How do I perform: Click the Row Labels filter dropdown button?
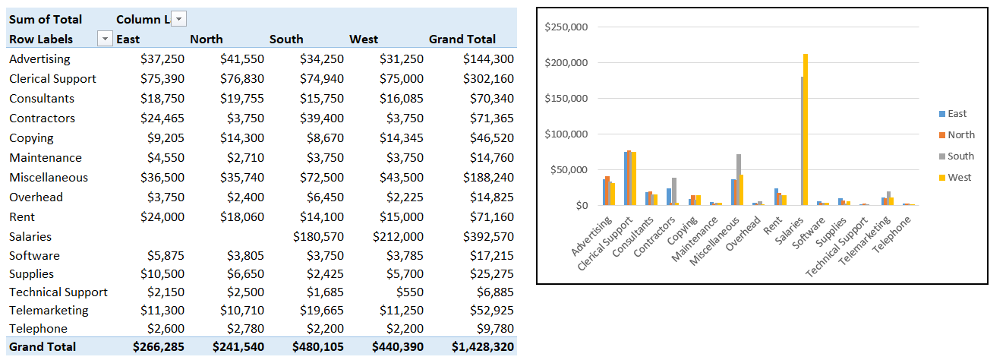[104, 39]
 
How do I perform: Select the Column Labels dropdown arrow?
[178, 19]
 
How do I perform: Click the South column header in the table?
[286, 39]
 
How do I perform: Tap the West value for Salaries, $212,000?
[398, 236]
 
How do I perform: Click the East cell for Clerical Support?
[162, 78]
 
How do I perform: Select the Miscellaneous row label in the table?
[49, 177]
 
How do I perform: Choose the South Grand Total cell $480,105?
[318, 346]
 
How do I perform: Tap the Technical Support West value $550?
[409, 292]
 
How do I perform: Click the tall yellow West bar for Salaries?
[806, 129]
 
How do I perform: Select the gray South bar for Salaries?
[802, 141]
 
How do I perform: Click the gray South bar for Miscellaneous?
[739, 179]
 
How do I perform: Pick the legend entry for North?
[960, 134]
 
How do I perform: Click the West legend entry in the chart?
[959, 177]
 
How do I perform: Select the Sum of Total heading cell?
[46, 19]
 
